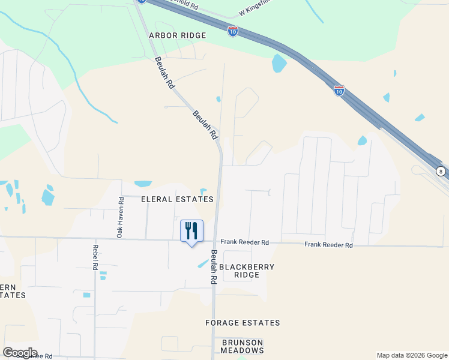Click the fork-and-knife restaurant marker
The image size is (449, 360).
click(x=192, y=231)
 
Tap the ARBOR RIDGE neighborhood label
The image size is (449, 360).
click(x=177, y=35)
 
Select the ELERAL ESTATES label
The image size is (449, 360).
click(x=177, y=199)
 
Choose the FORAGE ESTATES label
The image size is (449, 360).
click(x=243, y=323)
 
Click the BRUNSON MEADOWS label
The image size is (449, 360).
click(x=243, y=346)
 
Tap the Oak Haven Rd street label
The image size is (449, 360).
click(x=120, y=218)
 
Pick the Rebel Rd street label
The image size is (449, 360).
click(x=95, y=256)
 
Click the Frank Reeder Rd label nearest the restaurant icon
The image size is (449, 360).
click(x=244, y=242)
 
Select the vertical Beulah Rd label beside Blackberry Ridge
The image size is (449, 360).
click(x=213, y=267)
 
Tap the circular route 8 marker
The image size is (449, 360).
click(x=441, y=171)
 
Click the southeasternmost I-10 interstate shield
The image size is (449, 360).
click(x=339, y=91)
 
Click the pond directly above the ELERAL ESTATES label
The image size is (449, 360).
click(x=143, y=184)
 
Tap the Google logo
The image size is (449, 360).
click(x=20, y=353)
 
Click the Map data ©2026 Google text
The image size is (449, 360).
click(x=411, y=355)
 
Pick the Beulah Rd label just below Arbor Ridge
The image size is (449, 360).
click(x=164, y=73)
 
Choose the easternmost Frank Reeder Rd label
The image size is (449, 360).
click(x=328, y=245)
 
